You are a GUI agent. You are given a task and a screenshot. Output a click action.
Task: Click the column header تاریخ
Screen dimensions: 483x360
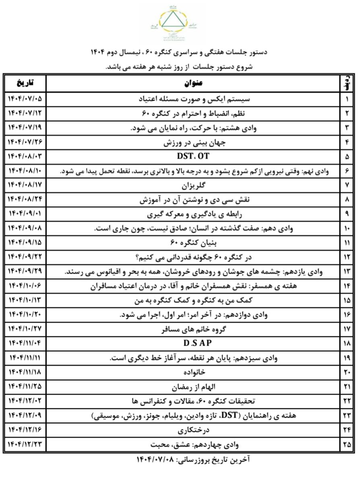(x=25, y=84)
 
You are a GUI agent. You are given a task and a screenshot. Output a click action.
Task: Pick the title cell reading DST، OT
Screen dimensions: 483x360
(x=193, y=156)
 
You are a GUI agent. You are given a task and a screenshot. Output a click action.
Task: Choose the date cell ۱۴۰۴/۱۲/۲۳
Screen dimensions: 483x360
(x=25, y=445)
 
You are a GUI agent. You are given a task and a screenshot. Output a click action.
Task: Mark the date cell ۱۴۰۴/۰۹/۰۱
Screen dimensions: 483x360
(x=25, y=214)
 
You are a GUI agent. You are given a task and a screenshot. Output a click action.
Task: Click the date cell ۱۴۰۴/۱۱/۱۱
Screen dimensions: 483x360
(x=25, y=358)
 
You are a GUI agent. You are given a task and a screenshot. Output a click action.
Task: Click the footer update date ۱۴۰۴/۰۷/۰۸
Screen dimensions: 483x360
(x=157, y=460)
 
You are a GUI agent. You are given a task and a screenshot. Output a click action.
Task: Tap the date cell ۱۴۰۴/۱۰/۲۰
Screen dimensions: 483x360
(x=25, y=314)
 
